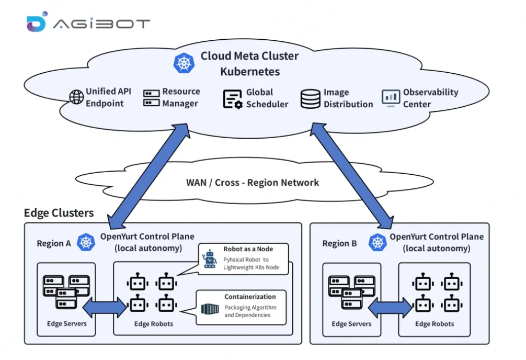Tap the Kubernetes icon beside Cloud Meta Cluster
[x=184, y=63]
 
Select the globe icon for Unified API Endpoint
[x=76, y=97]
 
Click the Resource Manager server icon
[x=151, y=98]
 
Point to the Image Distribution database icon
[x=311, y=99]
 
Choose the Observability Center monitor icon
[x=391, y=98]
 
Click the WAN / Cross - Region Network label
[x=253, y=183]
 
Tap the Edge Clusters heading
[x=59, y=213]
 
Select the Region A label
[x=54, y=243]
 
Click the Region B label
[x=340, y=243]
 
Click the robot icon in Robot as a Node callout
[x=210, y=258]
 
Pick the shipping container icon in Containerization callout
[x=210, y=309]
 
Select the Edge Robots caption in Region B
[x=434, y=324]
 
